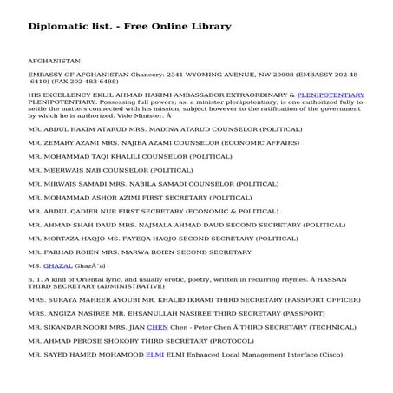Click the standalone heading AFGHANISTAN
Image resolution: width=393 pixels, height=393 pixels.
point(55,62)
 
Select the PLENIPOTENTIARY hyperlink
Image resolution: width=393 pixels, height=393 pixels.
point(331,93)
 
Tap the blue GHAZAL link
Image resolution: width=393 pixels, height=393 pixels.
point(56,263)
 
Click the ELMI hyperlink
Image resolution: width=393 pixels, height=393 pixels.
point(154,355)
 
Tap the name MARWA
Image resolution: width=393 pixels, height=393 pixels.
point(133,251)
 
